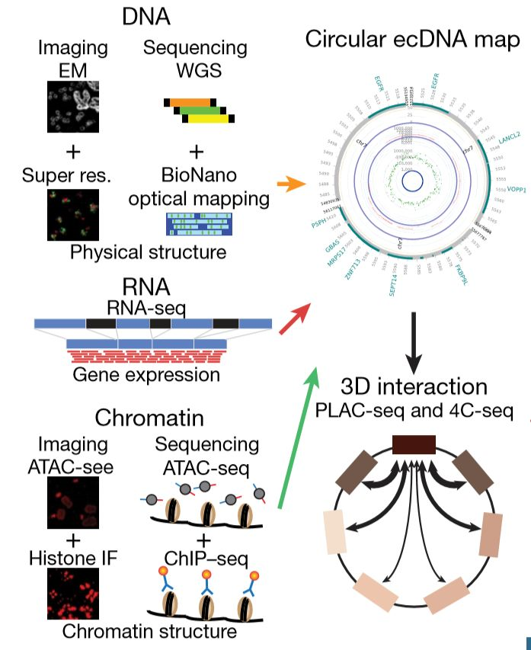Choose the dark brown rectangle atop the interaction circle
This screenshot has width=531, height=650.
pyautogui.click(x=413, y=444)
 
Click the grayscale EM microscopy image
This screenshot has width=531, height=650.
pyautogui.click(x=72, y=108)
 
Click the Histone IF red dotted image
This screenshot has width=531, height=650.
pyautogui.click(x=74, y=594)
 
